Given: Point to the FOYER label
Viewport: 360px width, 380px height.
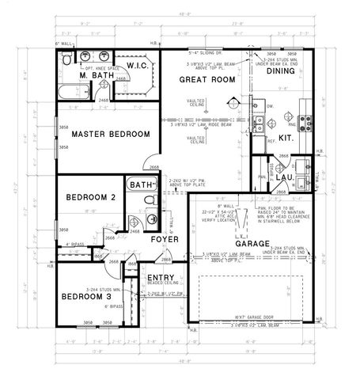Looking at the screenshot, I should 165,239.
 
